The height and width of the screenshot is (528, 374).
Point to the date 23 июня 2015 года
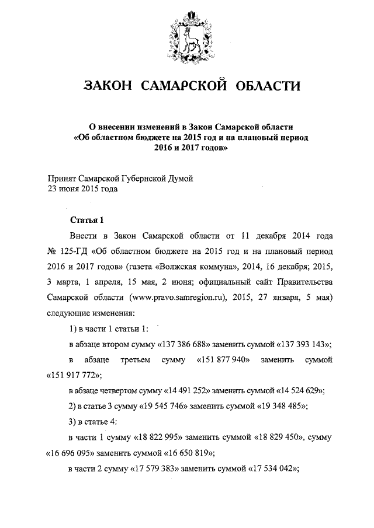click(x=82, y=189)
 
